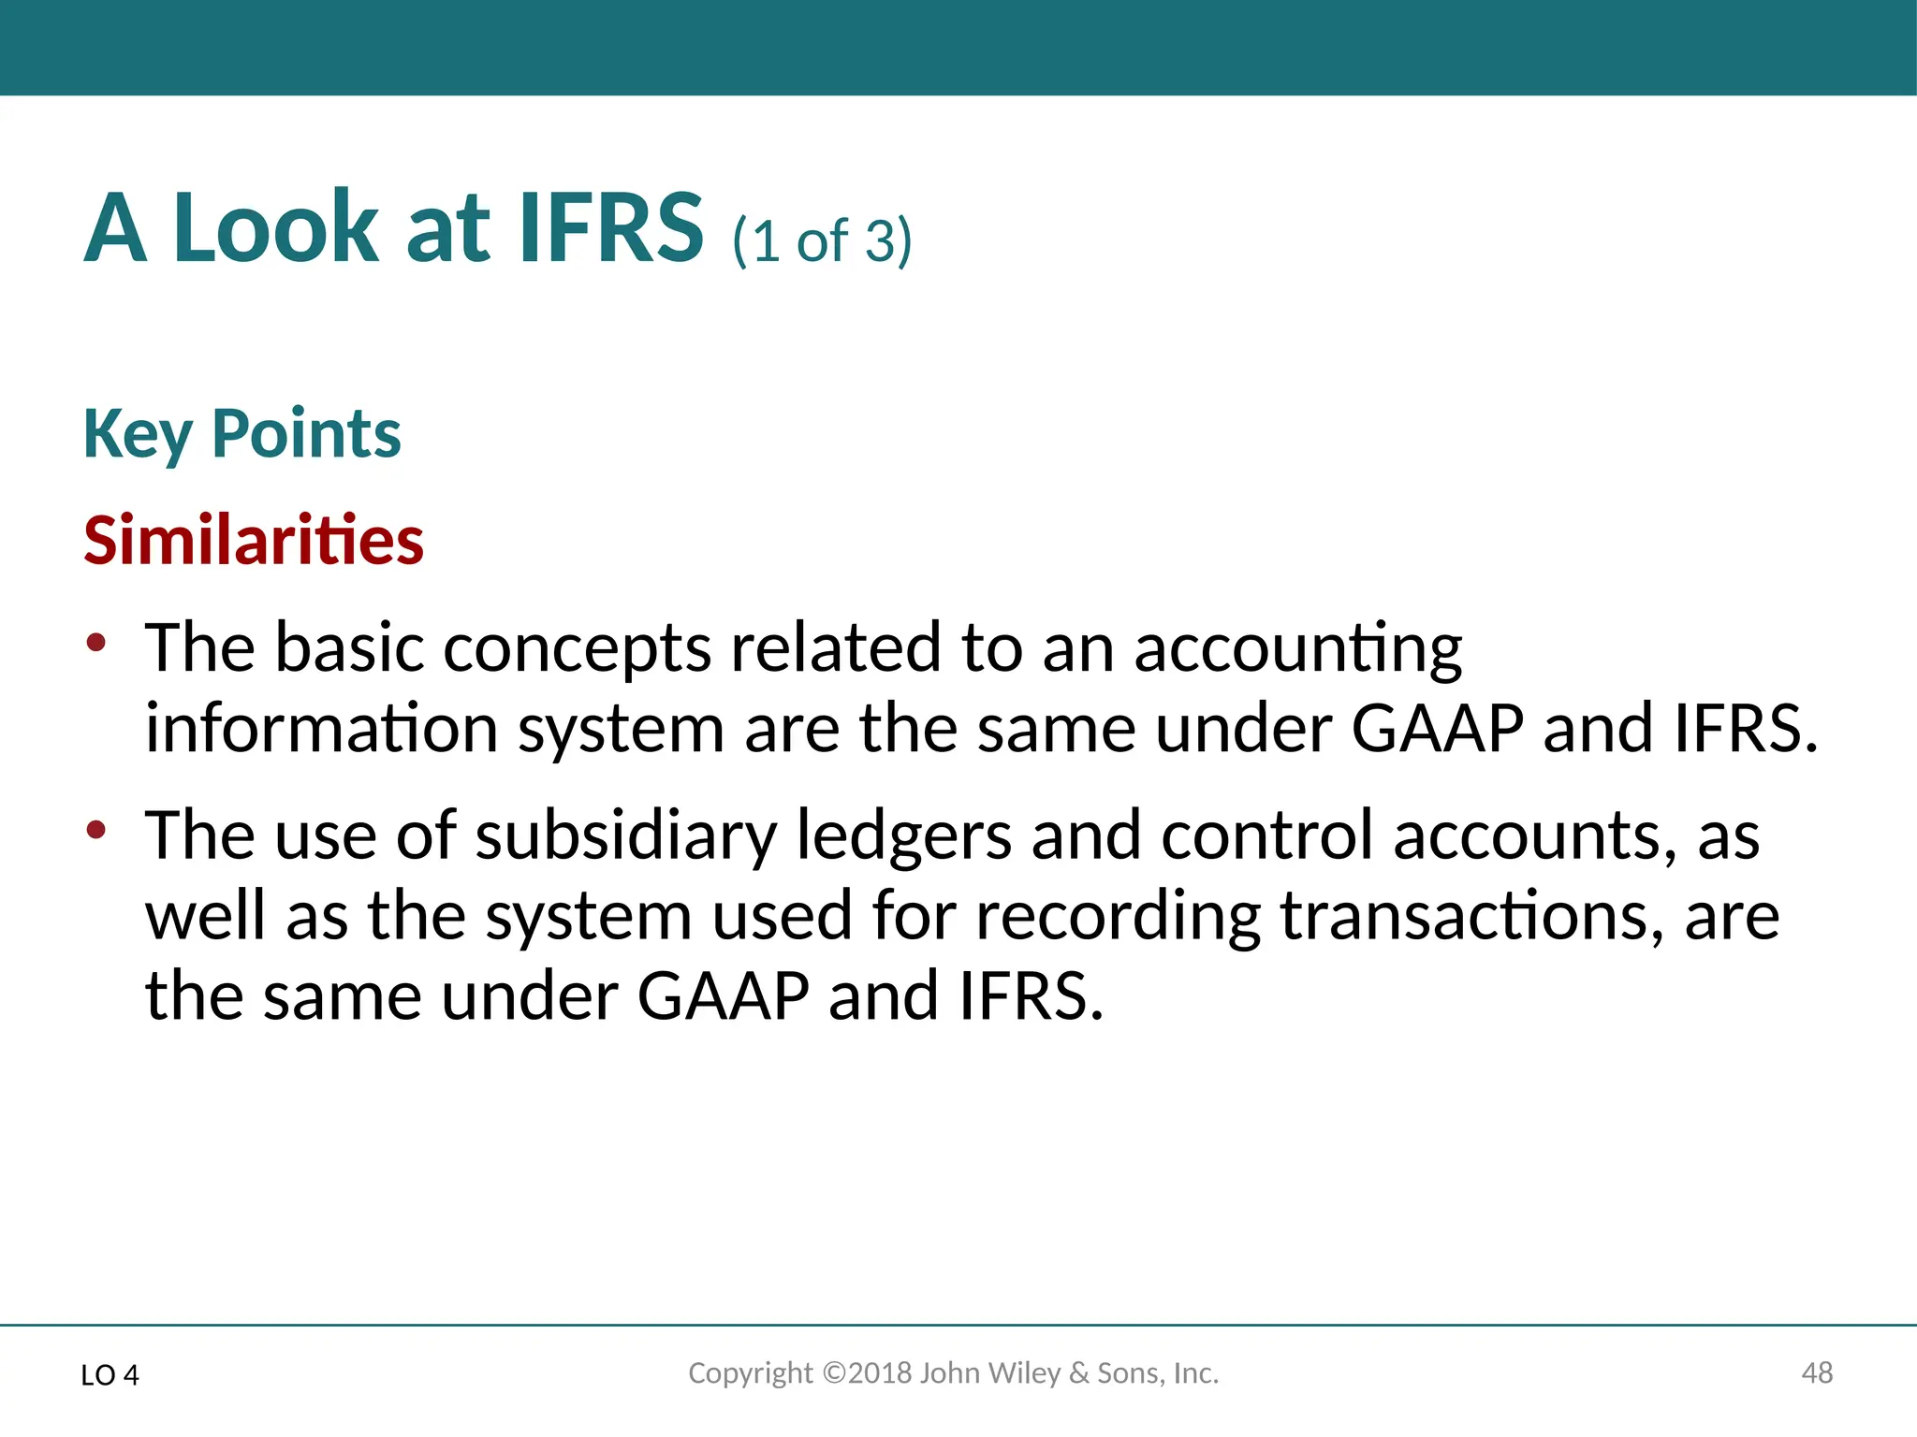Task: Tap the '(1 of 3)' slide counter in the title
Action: (822, 240)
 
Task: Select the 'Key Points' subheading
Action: (241, 434)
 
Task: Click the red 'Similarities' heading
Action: (254, 541)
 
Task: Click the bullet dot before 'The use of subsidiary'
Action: (95, 829)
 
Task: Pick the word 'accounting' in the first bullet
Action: (1297, 649)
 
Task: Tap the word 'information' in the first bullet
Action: (321, 729)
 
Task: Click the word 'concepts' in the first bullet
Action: (577, 649)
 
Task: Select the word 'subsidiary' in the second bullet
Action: (625, 835)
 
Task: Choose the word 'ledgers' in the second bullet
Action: (903, 835)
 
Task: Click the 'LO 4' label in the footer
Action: (110, 1375)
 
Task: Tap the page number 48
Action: (1817, 1373)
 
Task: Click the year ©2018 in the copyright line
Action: (867, 1373)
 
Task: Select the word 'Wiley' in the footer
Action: (1024, 1373)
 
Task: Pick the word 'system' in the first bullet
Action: (621, 731)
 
